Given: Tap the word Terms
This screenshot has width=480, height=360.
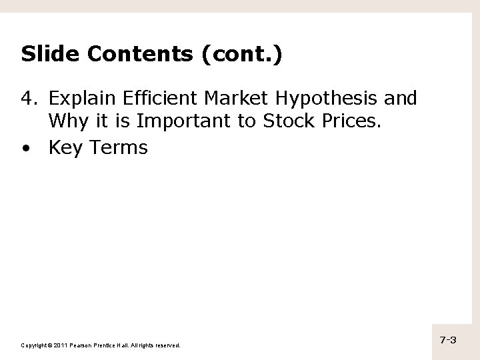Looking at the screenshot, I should [x=120, y=147].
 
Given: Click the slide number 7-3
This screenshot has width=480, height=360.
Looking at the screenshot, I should [x=448, y=340].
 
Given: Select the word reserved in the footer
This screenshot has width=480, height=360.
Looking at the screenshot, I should [x=167, y=345].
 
